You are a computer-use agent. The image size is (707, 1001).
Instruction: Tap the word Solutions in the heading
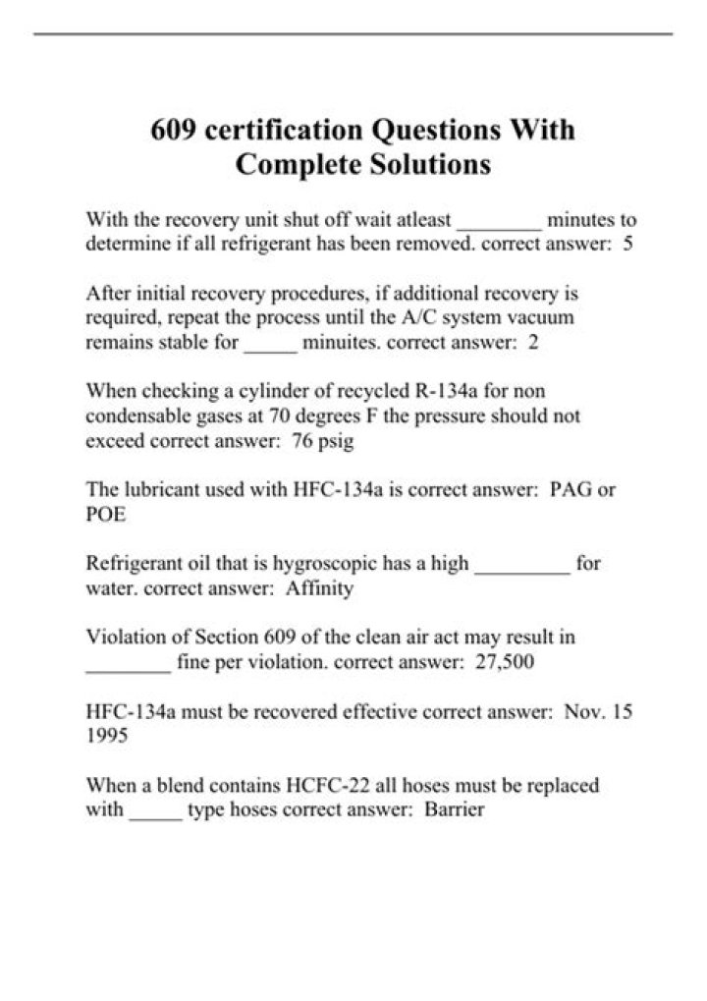point(432,164)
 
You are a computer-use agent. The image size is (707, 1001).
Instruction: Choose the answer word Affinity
point(319,588)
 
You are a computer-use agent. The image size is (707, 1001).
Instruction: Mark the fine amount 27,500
point(504,662)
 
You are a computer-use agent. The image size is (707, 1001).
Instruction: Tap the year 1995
point(107,736)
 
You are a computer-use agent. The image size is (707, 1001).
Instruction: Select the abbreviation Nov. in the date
point(585,711)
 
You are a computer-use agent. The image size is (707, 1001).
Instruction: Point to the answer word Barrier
point(455,809)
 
